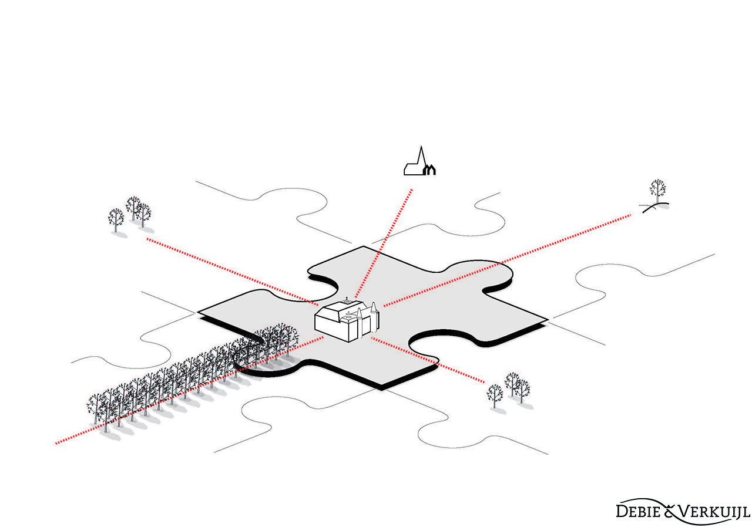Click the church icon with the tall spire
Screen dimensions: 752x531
click(x=419, y=161)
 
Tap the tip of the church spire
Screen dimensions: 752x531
click(x=421, y=146)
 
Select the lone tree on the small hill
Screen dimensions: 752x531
click(x=657, y=191)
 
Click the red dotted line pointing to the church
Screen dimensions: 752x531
click(x=384, y=243)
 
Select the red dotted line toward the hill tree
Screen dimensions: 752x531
click(x=508, y=260)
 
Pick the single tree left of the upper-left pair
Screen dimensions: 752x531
click(x=116, y=220)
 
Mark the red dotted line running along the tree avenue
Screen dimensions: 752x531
click(x=189, y=391)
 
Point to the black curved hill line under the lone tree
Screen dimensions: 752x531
click(x=656, y=207)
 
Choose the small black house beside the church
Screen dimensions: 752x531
click(x=429, y=170)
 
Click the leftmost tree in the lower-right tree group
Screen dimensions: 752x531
click(x=495, y=396)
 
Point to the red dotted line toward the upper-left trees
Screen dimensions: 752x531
click(x=233, y=272)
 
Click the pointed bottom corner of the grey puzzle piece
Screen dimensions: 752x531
click(x=381, y=389)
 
